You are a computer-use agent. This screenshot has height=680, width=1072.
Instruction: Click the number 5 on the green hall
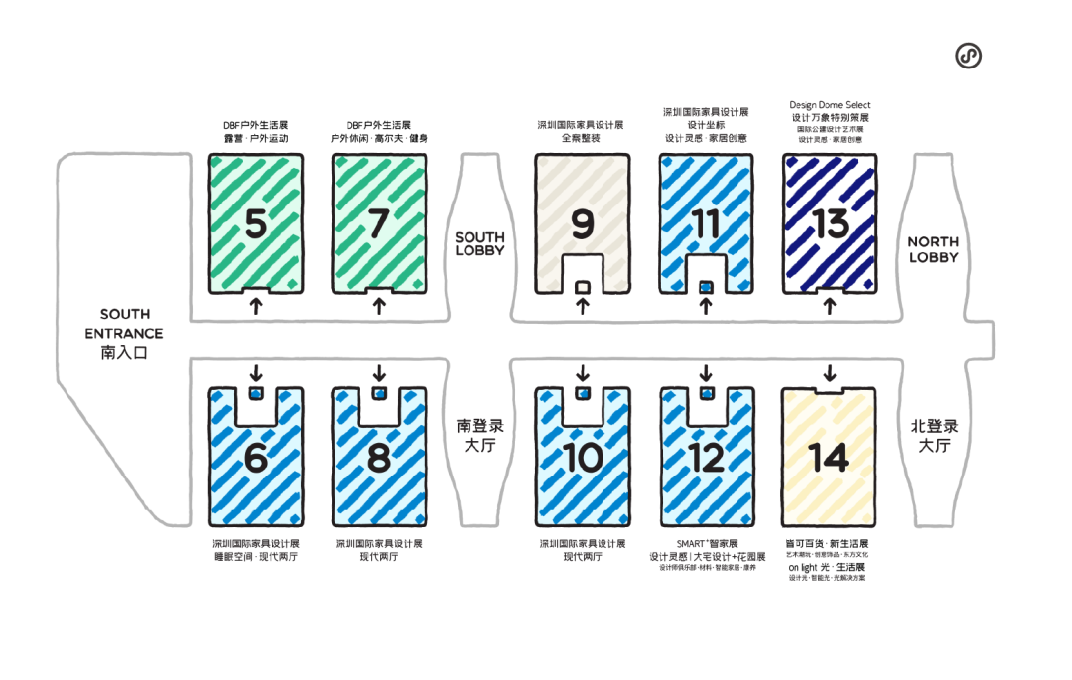coord(256,223)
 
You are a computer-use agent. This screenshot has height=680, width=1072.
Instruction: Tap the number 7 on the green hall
coord(377,223)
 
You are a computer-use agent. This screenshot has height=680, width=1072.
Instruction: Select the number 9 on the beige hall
coord(583,225)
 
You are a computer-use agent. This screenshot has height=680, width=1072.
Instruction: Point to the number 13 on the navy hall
coord(831,224)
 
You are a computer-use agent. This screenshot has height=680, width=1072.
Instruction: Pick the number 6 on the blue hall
coord(256,458)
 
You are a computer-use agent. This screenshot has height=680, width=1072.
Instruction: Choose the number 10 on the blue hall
coord(583,458)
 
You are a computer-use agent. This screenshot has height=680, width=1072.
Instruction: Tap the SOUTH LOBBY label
coord(479,244)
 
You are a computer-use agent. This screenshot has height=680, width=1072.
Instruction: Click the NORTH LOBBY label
coord(933,249)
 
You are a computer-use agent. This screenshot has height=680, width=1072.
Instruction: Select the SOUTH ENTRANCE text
coord(124,324)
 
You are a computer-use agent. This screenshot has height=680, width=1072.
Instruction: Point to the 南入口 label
coord(124,352)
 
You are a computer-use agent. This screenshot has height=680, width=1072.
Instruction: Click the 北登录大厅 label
coord(933,436)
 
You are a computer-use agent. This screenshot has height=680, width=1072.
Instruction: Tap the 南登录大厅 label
coord(479,436)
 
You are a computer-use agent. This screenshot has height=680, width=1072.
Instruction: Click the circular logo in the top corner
coord(968,57)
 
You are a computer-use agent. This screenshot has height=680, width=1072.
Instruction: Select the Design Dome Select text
coord(830,105)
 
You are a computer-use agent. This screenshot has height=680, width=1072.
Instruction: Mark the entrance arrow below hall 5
coord(256,306)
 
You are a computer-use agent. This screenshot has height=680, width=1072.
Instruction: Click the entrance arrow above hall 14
coord(829,373)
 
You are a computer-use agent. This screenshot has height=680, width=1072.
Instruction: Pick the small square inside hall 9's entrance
coord(583,287)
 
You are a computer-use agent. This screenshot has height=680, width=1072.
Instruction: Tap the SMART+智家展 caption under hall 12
coord(707,544)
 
